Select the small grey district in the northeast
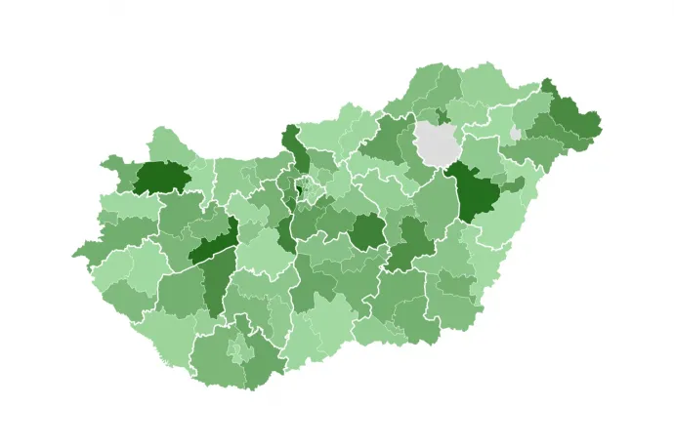click(515, 133)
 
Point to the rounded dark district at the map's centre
click(368, 231)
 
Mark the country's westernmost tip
click(73, 258)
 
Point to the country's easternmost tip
click(601, 124)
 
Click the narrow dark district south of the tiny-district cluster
click(285, 234)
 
